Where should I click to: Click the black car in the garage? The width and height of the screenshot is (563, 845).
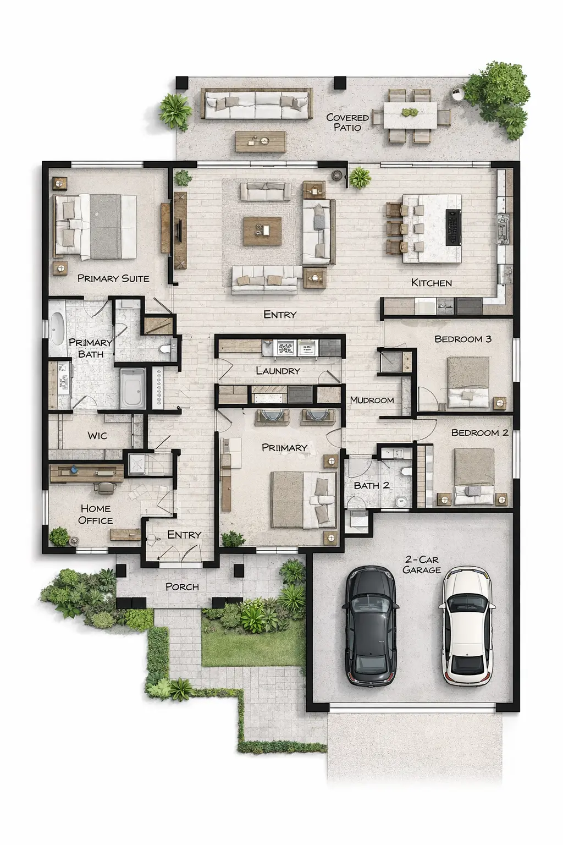tap(371, 625)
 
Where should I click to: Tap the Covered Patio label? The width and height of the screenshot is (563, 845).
tap(347, 122)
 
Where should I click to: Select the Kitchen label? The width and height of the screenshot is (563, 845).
tap(432, 283)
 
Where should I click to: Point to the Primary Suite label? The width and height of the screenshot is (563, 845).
tap(113, 278)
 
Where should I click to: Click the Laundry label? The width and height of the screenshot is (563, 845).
tap(278, 371)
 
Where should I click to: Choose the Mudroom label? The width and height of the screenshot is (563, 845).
tap(372, 400)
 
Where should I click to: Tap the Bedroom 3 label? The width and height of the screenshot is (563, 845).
tap(463, 339)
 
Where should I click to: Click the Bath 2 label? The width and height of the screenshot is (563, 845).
tap(372, 485)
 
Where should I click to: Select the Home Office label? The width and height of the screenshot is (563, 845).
tap(96, 514)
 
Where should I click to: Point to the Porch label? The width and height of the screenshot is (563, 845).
tap(182, 587)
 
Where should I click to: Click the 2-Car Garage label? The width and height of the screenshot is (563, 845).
tap(422, 565)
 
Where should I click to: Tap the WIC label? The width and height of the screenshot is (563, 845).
tap(97, 436)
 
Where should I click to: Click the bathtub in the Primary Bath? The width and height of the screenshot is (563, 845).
tap(57, 328)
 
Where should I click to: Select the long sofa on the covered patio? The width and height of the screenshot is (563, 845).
tap(256, 104)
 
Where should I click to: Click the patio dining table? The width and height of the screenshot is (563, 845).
tap(410, 116)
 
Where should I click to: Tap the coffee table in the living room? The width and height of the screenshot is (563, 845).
tap(262, 231)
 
